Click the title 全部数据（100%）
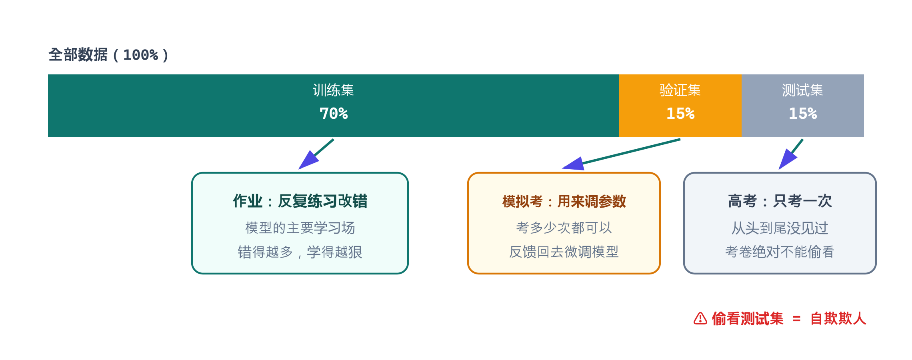(108, 55)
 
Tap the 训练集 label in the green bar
(334, 90)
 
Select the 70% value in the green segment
(334, 114)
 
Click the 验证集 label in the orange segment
(680, 90)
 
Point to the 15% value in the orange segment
(680, 114)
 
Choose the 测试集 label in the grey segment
(803, 90)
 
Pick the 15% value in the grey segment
(803, 114)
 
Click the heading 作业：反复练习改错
(300, 201)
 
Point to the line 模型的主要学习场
(300, 228)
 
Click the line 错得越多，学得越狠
(300, 252)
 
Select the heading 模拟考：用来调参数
(564, 201)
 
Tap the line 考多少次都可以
(564, 228)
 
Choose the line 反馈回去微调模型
(564, 252)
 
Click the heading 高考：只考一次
(780, 201)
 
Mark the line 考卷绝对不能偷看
(780, 252)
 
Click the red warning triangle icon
(700, 318)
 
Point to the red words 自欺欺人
(838, 318)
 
